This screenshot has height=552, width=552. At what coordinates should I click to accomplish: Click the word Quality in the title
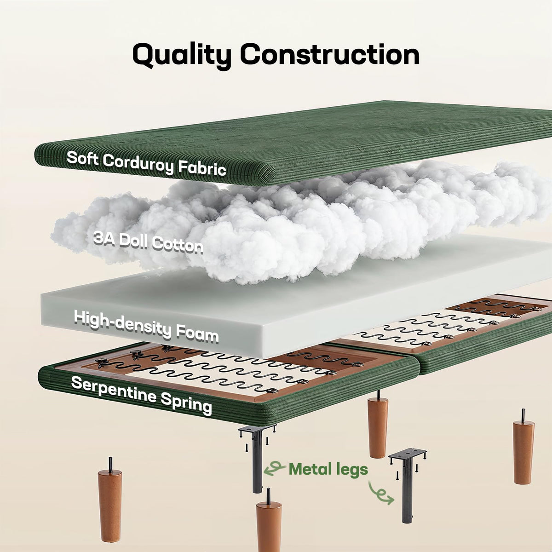(x=182, y=56)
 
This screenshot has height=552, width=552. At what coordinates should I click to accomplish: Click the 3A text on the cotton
(x=104, y=238)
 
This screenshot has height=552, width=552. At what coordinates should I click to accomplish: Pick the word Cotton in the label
(x=177, y=245)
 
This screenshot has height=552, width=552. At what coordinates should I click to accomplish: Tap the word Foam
(x=197, y=334)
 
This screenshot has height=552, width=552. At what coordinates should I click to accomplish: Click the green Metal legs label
(x=328, y=469)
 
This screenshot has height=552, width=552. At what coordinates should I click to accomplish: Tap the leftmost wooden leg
(x=110, y=504)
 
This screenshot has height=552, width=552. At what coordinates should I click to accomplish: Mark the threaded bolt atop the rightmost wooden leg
(x=523, y=415)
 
